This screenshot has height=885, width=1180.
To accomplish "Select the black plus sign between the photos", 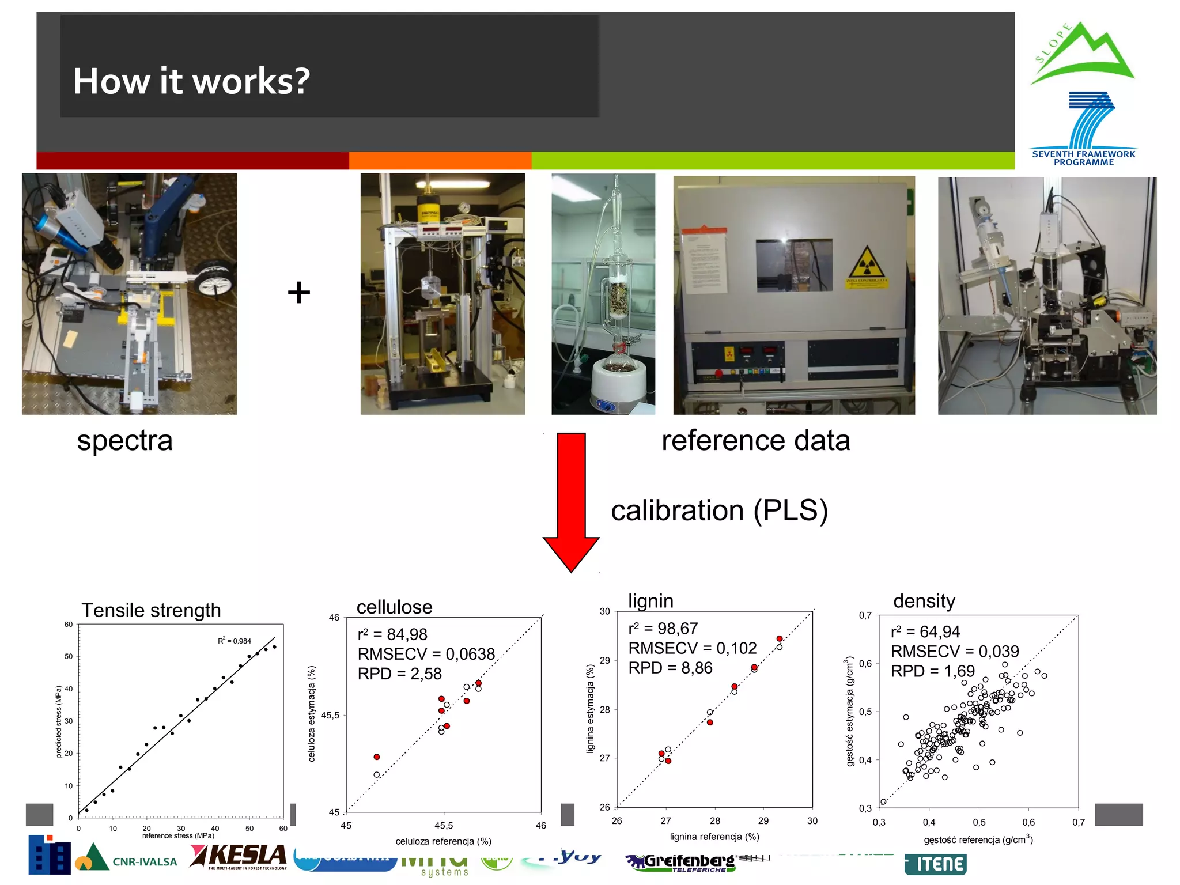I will click(298, 292).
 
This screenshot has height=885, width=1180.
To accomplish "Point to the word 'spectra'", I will click(124, 441).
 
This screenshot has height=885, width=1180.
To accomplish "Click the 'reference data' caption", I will click(755, 441).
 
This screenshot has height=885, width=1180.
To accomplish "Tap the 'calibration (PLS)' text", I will click(719, 510).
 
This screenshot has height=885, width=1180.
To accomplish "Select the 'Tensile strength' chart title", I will click(151, 610).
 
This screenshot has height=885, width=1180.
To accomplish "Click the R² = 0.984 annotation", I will click(235, 641).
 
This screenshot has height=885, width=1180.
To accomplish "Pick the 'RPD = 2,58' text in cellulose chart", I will click(399, 674).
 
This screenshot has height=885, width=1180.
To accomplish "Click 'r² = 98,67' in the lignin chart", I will click(663, 629).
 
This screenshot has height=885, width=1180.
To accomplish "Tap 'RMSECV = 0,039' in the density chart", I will click(954, 651).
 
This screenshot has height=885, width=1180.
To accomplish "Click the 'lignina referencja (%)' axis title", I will click(714, 837).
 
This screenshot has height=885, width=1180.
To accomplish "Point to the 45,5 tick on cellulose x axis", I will click(443, 825).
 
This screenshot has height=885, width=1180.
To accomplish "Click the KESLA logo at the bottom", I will click(239, 856).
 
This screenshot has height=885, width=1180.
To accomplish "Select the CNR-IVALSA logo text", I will click(145, 862).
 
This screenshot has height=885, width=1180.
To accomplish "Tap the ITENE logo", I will click(936, 864).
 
